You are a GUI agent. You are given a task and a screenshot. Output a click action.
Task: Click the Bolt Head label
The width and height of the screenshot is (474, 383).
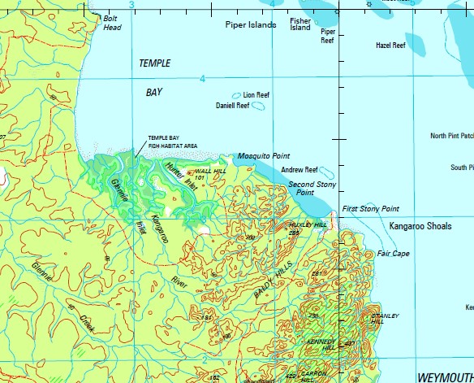tap(112, 23)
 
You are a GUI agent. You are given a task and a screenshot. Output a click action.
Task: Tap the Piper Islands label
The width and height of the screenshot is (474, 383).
tap(251, 25)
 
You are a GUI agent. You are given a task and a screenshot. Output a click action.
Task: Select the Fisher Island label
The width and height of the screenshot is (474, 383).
tap(300, 24)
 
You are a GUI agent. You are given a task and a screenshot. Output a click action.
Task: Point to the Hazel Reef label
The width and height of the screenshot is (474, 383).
tap(390, 46)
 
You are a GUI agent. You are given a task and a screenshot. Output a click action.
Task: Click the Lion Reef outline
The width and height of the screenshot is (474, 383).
tap(237, 95)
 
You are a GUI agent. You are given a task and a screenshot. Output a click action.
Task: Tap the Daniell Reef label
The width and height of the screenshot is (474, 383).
tap(232, 106)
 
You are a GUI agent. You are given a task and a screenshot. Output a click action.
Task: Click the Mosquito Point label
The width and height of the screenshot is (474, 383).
tap(264, 155)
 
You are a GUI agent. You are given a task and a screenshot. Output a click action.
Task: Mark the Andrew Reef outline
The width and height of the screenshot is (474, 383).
tap(325, 172)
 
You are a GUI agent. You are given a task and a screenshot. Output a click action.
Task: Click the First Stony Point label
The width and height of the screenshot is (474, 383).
tap(370, 209)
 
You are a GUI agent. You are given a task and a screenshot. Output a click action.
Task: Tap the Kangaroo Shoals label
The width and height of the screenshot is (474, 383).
tap(420, 225)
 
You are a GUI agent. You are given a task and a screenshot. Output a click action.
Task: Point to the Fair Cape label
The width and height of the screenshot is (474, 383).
tap(393, 254)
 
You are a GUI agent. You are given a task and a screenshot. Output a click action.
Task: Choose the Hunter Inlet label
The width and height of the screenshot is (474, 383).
tap(181, 174)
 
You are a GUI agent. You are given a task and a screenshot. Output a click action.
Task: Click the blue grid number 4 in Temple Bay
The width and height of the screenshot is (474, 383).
tap(202, 79)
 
